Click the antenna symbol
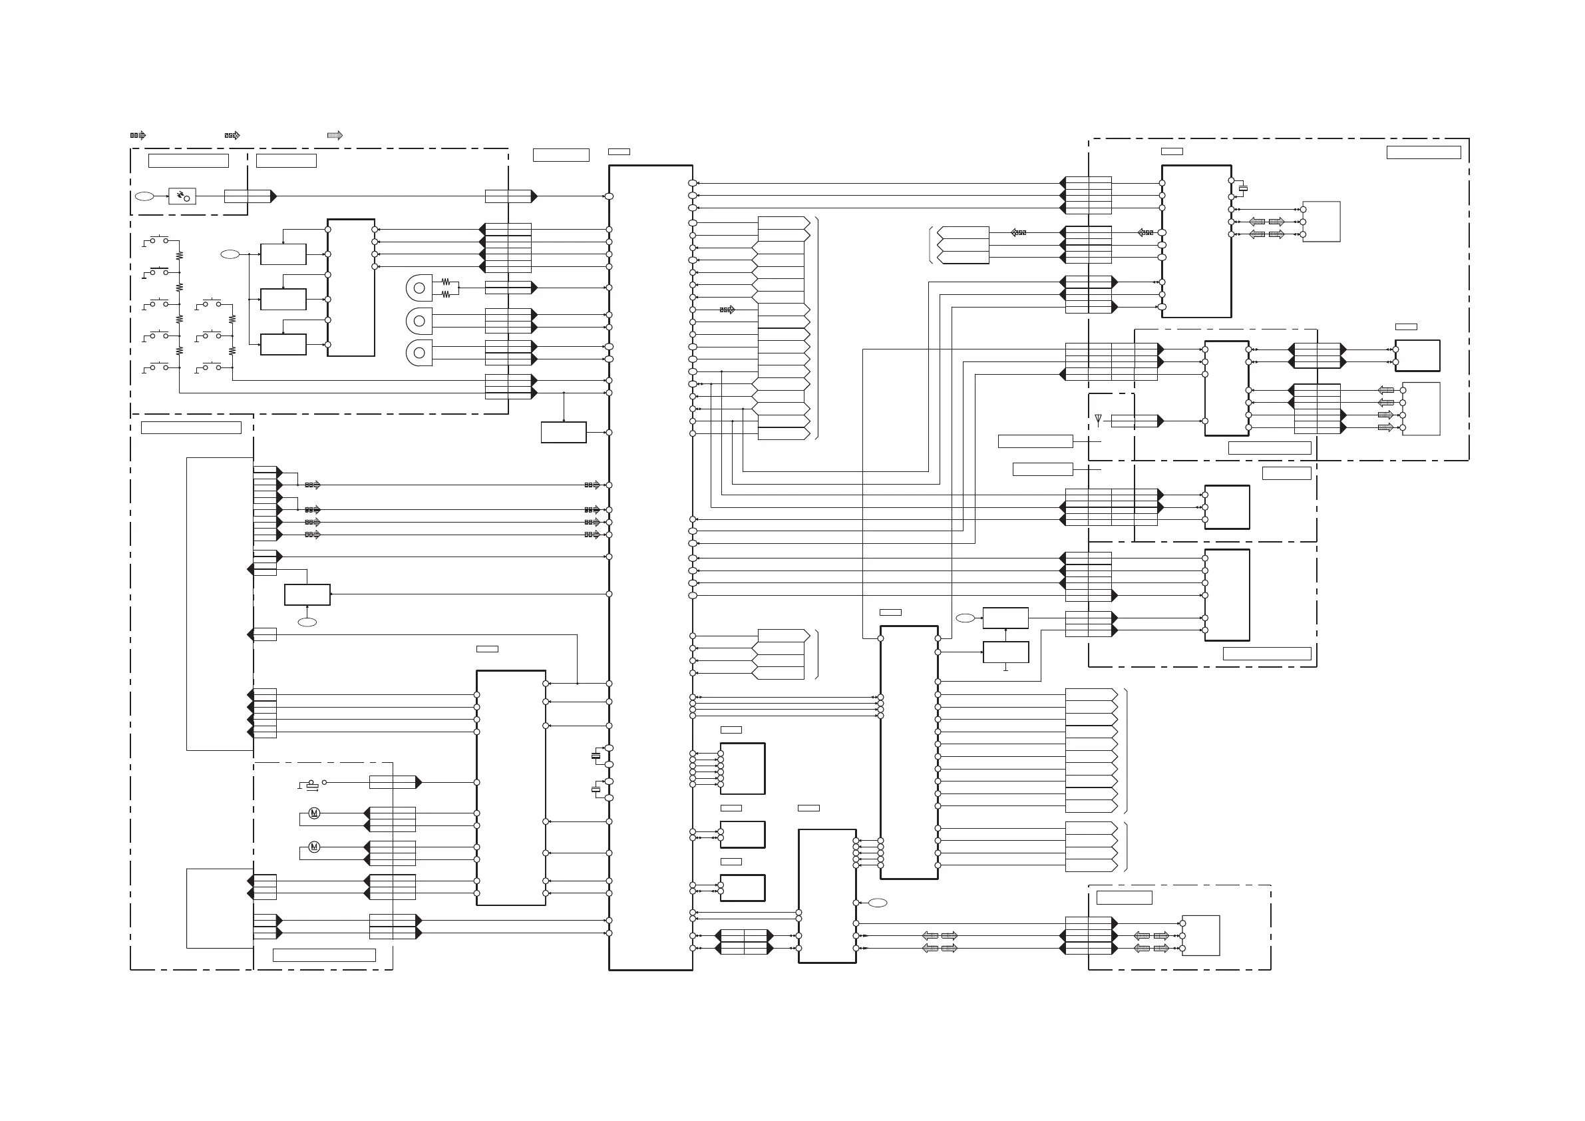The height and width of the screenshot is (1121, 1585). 1099,420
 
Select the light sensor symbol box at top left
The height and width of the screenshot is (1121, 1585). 182,197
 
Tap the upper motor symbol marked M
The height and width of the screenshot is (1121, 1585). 314,813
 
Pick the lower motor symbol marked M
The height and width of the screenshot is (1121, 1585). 314,847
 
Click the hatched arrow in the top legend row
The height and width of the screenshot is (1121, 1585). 335,135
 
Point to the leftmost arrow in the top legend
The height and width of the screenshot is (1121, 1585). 138,135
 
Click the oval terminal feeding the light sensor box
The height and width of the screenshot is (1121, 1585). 144,197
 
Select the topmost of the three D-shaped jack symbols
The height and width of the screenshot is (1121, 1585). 419,288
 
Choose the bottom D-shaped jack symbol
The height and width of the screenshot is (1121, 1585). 419,352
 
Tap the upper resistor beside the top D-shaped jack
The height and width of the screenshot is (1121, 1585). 446,281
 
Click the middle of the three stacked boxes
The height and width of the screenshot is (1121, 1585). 283,299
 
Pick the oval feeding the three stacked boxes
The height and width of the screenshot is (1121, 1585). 230,254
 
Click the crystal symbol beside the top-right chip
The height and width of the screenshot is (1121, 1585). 1243,188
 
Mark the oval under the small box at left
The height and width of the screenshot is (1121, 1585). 307,622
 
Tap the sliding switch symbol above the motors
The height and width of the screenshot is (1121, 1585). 312,785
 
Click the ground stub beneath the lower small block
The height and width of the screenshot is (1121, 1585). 1006,668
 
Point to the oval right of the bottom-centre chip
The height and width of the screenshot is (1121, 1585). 878,903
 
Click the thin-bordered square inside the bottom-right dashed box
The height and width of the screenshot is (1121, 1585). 1200,935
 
